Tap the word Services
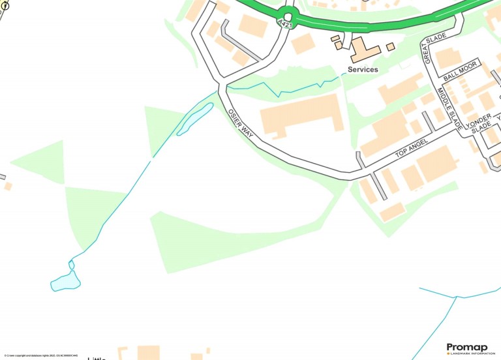363,70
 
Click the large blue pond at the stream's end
66,281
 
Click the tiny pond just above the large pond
71,265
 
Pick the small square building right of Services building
390,47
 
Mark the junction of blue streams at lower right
453,297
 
